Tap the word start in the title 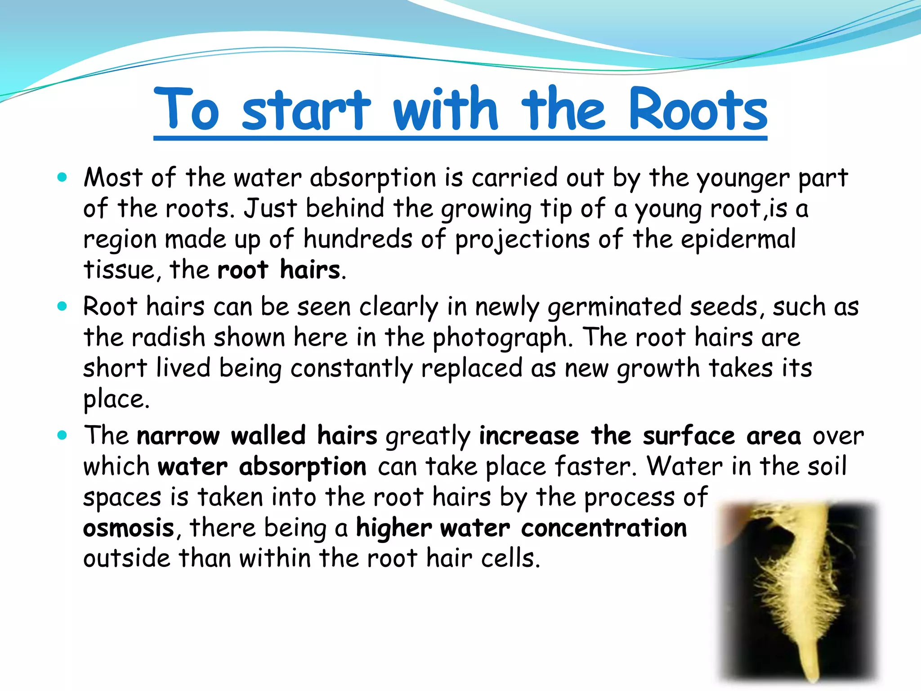click(x=306, y=109)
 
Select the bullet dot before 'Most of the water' click(x=62, y=177)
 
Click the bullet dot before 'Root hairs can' click(x=62, y=307)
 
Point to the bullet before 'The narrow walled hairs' click(x=62, y=435)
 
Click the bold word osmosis click(x=129, y=528)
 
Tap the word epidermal click(x=738, y=239)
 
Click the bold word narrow click(x=178, y=436)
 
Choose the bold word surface click(x=689, y=436)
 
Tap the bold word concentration click(x=604, y=528)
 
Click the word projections click(x=522, y=240)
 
